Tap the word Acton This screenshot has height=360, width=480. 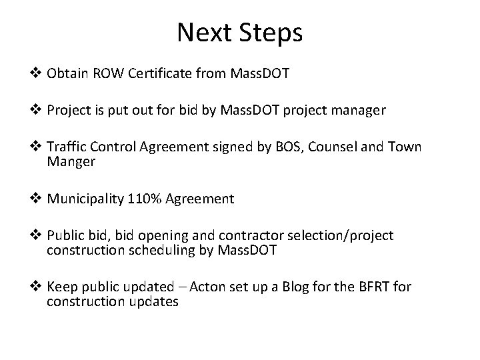point(205,287)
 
